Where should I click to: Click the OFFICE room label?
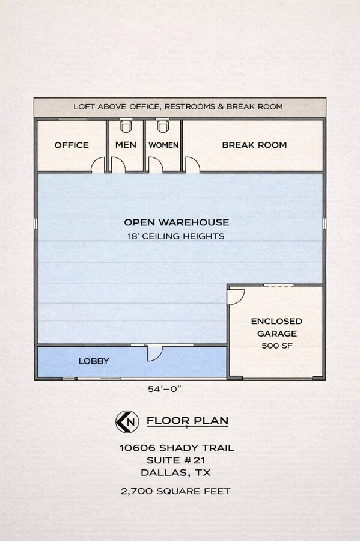click(72, 145)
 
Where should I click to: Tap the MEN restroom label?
click(126, 145)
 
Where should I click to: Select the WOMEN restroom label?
click(163, 145)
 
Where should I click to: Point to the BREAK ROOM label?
click(254, 145)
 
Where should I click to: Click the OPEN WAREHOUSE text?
click(176, 222)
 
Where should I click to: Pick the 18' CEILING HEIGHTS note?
click(176, 236)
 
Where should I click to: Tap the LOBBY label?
click(94, 361)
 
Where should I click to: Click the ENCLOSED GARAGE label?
click(276, 327)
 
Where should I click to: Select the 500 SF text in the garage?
click(276, 346)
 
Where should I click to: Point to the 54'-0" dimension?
click(165, 389)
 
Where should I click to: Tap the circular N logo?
click(126, 421)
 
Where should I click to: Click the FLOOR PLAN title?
click(188, 420)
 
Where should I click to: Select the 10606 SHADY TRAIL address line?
click(177, 448)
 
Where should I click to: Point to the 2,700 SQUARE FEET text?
click(176, 491)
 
